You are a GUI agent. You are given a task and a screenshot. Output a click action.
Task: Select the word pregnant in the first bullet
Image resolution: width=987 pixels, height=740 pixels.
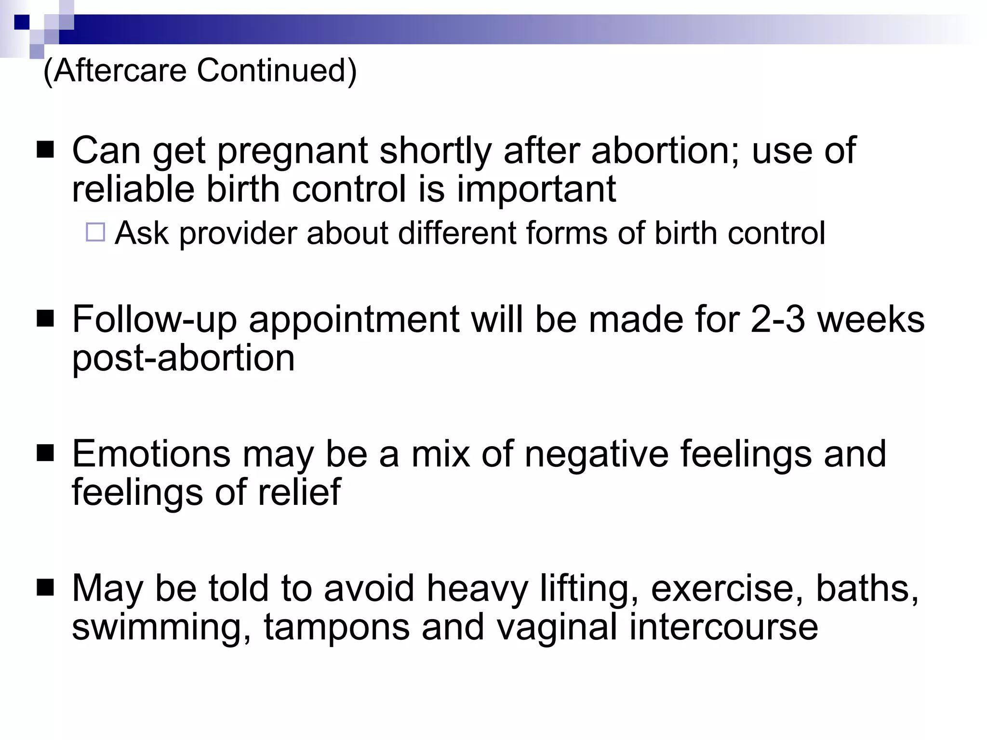[293, 151]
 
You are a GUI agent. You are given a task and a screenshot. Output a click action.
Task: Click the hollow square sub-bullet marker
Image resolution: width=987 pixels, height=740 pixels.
[95, 232]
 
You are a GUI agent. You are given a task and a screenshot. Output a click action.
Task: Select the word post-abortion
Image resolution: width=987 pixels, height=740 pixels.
[183, 358]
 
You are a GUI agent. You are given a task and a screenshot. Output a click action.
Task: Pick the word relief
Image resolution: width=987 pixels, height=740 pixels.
[299, 492]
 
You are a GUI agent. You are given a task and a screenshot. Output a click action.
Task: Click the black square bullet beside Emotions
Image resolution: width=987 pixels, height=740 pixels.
[45, 453]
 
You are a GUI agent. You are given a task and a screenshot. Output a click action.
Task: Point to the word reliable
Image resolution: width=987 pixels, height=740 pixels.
[133, 189]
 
